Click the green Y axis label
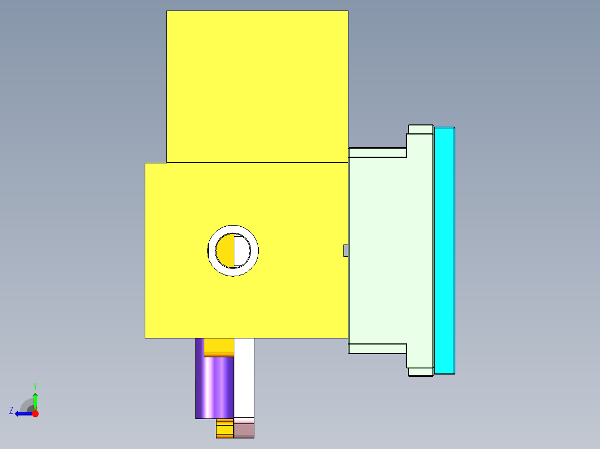coord(35,386)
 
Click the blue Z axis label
coord(11,411)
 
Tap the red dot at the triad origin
coord(35,413)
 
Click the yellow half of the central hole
coord(224,250)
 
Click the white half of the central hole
coord(242,250)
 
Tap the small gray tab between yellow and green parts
coord(346,251)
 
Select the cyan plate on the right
coord(444,250)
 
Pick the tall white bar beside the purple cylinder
coord(244,378)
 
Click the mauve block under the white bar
coord(244,430)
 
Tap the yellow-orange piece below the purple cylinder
coord(224,428)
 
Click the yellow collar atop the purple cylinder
coord(219,347)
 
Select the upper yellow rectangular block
coord(257,86)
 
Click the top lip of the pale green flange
coord(421,129)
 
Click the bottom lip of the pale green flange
coord(421,372)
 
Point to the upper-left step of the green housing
coord(377,152)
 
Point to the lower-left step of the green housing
coord(377,348)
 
